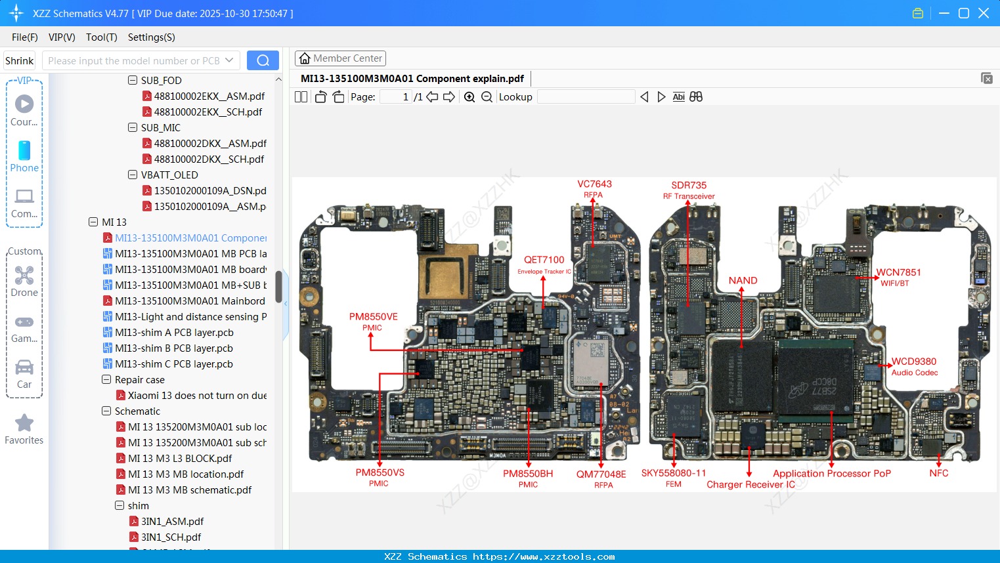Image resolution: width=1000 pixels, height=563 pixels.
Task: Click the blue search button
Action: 263,60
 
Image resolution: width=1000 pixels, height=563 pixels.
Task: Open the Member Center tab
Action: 340,58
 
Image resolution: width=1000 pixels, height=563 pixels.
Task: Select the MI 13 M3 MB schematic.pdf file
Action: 190,490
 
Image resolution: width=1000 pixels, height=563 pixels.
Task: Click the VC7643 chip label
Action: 594,184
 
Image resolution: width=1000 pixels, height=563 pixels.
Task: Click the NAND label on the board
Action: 743,281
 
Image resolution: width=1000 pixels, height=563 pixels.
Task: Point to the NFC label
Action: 938,473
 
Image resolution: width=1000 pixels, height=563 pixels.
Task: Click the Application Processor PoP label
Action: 831,474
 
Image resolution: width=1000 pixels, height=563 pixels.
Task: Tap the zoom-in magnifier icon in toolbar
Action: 469,97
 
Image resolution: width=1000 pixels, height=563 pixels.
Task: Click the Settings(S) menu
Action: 151,37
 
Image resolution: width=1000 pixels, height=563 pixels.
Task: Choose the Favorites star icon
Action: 24,423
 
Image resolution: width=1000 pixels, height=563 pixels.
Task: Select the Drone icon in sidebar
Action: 24,276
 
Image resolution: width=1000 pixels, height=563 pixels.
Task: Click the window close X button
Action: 983,13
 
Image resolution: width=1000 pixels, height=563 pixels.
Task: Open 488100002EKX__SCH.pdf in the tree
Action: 208,112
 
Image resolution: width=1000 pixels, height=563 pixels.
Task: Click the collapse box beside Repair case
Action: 106,380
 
